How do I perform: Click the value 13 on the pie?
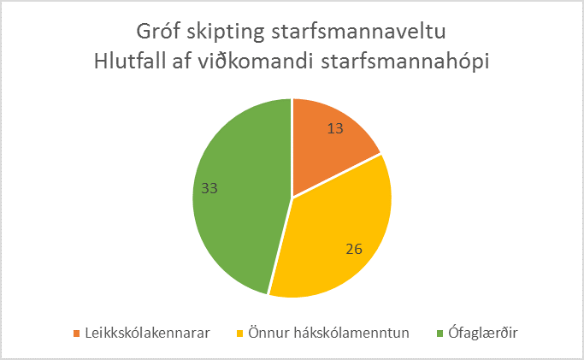pyautogui.click(x=335, y=128)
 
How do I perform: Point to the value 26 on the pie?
pyautogui.click(x=354, y=249)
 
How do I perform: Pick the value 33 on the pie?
pyautogui.click(x=209, y=188)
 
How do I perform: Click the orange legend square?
pyautogui.click(x=77, y=333)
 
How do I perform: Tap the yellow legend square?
pyautogui.click(x=240, y=333)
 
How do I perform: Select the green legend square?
pyautogui.click(x=439, y=333)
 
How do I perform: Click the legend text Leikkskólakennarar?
pyautogui.click(x=147, y=333)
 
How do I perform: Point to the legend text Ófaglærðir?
pyautogui.click(x=483, y=333)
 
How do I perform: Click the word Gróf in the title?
pyautogui.click(x=158, y=31)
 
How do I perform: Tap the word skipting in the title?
pyautogui.click(x=226, y=32)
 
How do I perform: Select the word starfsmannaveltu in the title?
pyautogui.click(x=358, y=32)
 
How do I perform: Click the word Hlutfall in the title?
pyautogui.click(x=130, y=61)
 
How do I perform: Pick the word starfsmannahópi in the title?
pyautogui.click(x=405, y=62)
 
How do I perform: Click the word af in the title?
pyautogui.click(x=181, y=61)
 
